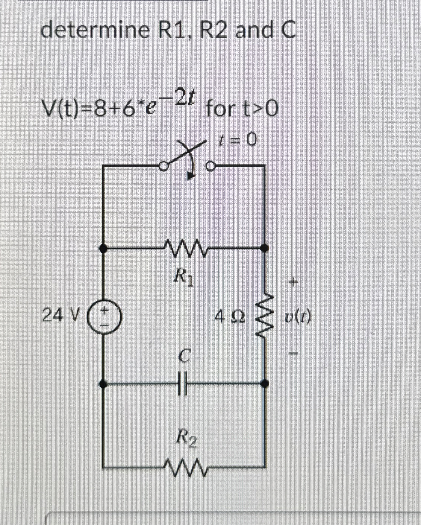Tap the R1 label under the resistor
[x=185, y=279]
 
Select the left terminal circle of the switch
[x=163, y=166]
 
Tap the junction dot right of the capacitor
[x=265, y=384]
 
